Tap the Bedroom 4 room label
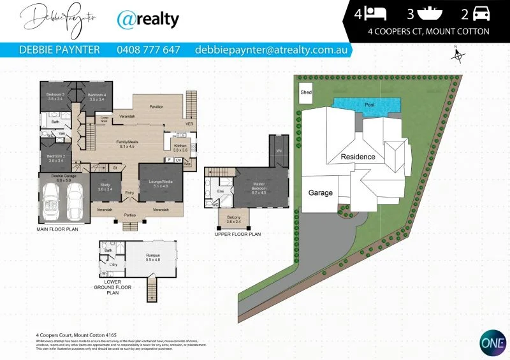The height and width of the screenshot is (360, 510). (96, 97)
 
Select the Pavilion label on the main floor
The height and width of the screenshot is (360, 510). (156, 106)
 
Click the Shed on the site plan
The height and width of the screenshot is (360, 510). (306, 93)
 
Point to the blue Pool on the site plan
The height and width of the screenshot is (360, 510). (368, 104)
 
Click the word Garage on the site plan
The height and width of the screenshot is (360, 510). (320, 192)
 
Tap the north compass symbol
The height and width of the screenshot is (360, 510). (457, 55)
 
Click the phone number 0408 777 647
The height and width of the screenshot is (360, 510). (149, 49)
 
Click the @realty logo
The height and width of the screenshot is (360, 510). (148, 20)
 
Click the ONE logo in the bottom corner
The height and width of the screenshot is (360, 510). (490, 341)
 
